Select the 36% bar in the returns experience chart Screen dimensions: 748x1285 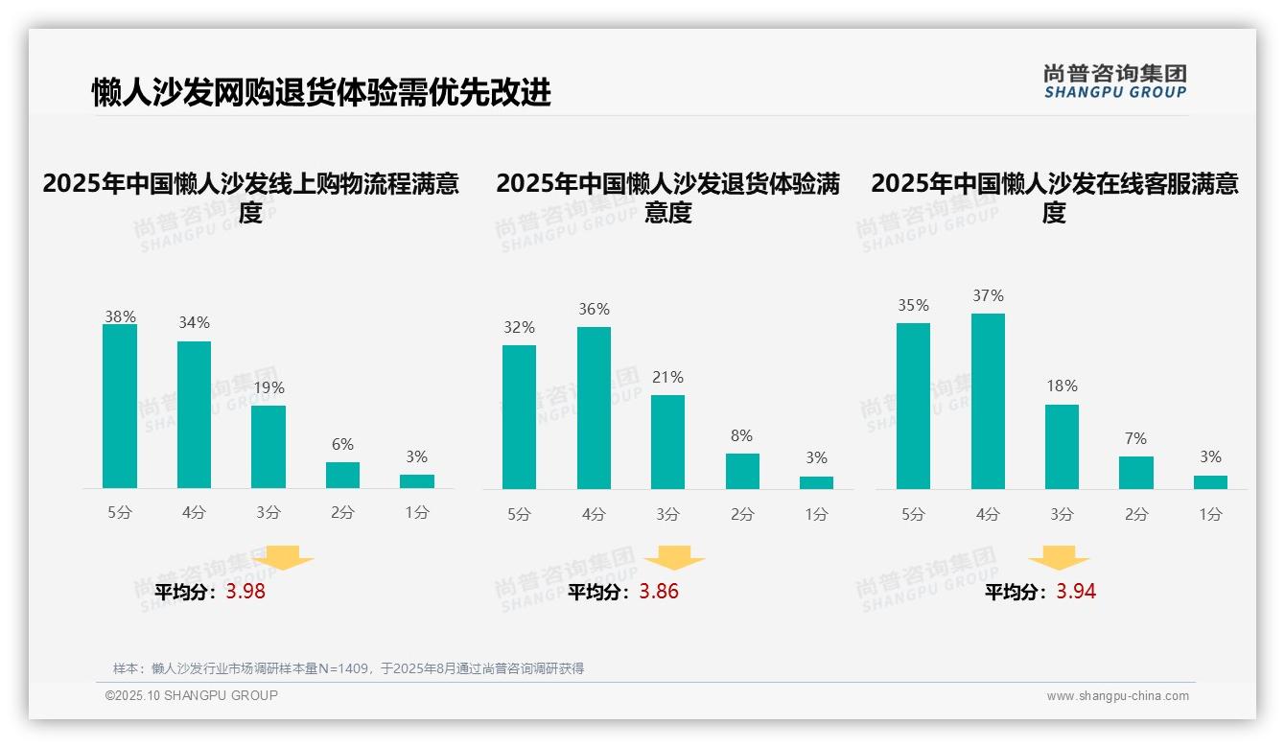[x=594, y=408]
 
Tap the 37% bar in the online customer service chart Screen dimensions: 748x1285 [x=988, y=401]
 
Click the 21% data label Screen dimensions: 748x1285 [x=667, y=377]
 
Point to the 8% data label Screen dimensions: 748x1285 [x=741, y=435]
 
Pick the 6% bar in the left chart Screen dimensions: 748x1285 [x=342, y=475]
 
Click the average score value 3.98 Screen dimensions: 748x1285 [x=245, y=592]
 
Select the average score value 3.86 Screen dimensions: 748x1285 [x=659, y=592]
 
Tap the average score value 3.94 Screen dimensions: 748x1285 [x=1076, y=592]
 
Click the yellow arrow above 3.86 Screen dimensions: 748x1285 [x=674, y=558]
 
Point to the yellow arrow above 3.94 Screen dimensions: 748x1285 [x=1059, y=558]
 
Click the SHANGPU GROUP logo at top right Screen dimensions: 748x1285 [x=1114, y=82]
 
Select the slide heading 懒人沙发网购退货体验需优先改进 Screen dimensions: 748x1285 [x=321, y=93]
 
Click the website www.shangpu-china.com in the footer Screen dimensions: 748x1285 [x=1117, y=696]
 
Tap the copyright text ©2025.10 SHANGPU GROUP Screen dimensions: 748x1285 [x=192, y=695]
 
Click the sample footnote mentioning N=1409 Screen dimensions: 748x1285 [x=348, y=668]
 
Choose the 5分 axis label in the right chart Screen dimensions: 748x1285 [x=913, y=514]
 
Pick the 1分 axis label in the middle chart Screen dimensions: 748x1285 [x=816, y=514]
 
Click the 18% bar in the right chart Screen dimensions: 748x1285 [x=1062, y=447]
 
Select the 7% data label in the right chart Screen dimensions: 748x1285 [x=1135, y=438]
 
